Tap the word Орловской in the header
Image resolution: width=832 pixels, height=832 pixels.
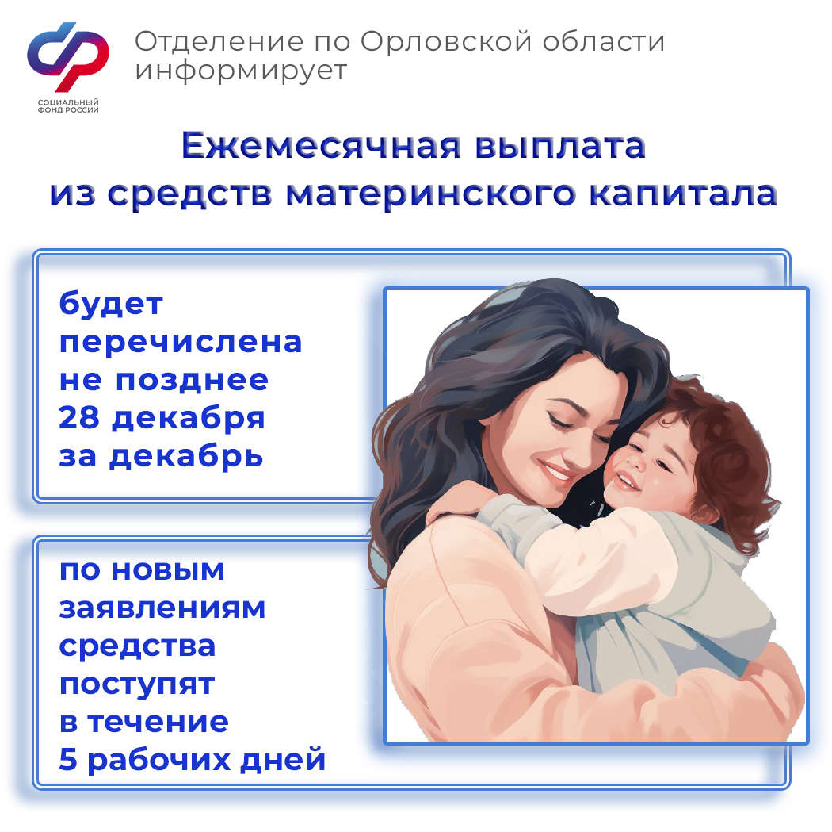446,41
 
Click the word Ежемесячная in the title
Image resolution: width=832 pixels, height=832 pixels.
321,145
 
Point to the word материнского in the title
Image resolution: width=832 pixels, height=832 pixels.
430,194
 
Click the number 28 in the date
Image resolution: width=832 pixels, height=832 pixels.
79,418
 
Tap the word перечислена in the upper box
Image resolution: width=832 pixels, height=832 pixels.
181,343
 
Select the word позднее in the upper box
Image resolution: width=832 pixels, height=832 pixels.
192,381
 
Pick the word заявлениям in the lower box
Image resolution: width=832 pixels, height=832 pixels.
162,608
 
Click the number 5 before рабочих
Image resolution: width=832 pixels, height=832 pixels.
68,759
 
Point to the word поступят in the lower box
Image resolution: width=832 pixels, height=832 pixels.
137,684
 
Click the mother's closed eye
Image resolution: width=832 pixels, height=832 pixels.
559,422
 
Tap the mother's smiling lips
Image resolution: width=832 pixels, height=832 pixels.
556,471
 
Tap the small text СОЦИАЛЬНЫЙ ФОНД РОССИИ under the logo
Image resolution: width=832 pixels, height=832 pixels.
68,105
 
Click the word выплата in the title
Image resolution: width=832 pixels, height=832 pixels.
559,145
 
